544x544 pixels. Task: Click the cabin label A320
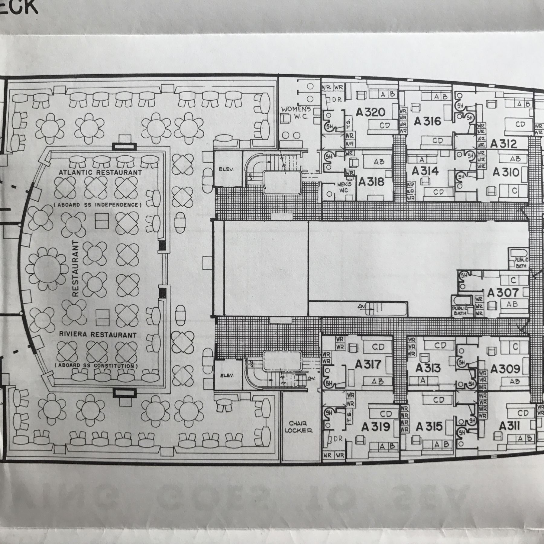[x=370, y=112]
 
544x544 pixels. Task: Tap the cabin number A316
[x=428, y=121]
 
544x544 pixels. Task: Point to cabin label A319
[x=376, y=427]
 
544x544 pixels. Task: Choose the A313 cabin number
[x=428, y=368]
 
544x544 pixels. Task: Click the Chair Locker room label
[x=298, y=427]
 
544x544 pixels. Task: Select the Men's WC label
[x=344, y=187]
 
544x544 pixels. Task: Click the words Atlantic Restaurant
[x=100, y=173]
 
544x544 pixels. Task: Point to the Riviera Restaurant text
[x=97, y=335]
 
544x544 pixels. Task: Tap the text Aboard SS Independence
[x=97, y=205]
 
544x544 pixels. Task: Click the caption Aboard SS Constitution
[x=96, y=366]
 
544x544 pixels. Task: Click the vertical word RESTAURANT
[x=76, y=268]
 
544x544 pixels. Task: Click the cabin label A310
[x=506, y=172]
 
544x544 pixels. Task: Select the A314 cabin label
[x=425, y=171]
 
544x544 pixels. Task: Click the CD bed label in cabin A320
[x=385, y=125]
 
